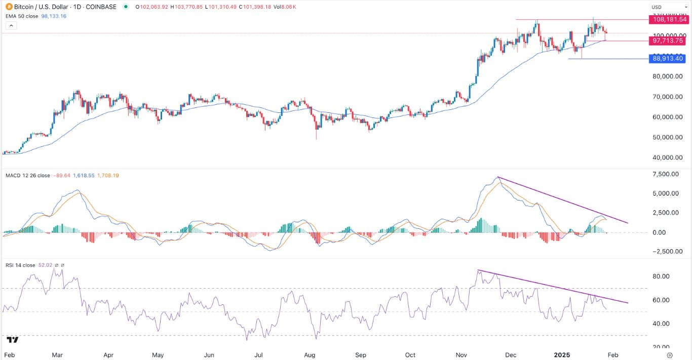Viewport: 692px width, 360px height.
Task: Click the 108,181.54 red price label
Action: click(x=669, y=20)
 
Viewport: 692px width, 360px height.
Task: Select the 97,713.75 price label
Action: click(x=669, y=41)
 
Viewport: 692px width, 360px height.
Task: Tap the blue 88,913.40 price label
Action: click(x=669, y=59)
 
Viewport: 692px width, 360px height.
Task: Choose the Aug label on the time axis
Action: click(x=310, y=355)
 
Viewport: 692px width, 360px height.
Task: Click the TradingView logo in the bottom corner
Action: click(x=13, y=340)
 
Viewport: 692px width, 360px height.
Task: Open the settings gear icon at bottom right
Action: click(x=670, y=355)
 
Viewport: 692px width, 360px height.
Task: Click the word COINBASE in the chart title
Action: click(x=101, y=7)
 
